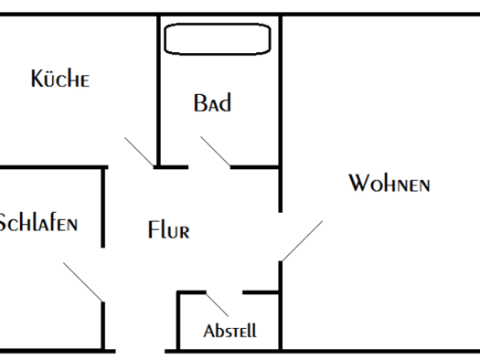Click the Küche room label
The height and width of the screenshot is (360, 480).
coord(60,78)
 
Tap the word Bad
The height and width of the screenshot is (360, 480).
coord(212,102)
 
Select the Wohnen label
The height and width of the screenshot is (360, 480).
coord(389,183)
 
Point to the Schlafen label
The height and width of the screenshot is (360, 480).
coord(38,222)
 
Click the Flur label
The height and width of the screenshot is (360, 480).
coord(168,229)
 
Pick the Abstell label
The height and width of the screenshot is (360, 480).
coord(229,331)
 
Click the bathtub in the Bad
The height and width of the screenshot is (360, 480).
coord(218,39)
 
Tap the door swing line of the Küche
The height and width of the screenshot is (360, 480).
coord(139,152)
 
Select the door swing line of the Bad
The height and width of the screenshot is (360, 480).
coord(216,152)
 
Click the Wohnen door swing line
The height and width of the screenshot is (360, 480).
coord(302,241)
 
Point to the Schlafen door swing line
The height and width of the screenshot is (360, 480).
coord(83,282)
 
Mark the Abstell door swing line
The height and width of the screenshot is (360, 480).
coord(217,305)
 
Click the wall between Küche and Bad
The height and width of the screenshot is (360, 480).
coord(158,90)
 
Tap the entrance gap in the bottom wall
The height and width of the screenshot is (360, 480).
coord(140,351)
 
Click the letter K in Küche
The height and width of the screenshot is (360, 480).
coord(37,79)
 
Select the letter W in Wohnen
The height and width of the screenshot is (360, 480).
coord(359,183)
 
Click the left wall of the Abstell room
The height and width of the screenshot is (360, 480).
coord(178,321)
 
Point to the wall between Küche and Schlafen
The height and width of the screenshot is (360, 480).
coord(54,167)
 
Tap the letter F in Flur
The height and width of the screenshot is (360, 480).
coord(153,229)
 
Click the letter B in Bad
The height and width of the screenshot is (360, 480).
coord(199,102)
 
